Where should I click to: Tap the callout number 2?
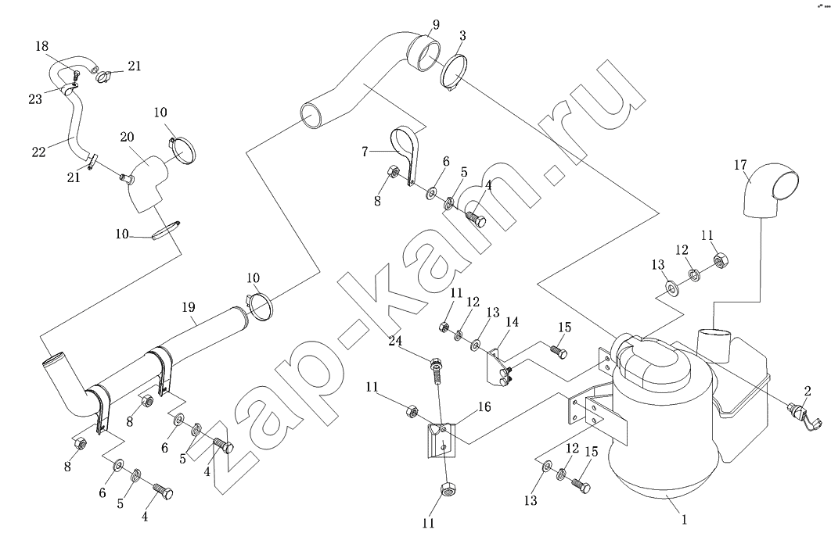806,392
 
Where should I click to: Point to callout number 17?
740,165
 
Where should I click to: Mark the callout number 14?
512,320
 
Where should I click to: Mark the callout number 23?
34,99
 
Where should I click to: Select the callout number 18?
41,47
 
